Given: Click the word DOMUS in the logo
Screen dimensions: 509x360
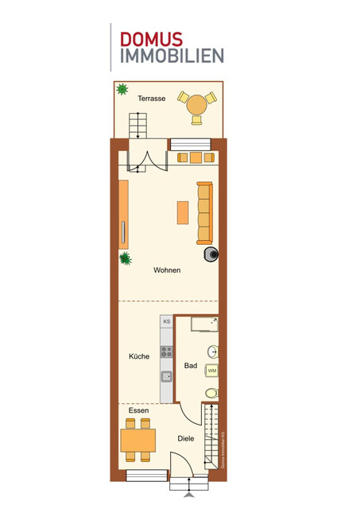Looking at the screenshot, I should (x=150, y=39).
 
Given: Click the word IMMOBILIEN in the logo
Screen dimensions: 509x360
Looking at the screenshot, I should (x=172, y=56).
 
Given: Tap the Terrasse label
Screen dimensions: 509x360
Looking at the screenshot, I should (x=151, y=99).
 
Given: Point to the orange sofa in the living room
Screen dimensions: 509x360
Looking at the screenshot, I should (x=205, y=212).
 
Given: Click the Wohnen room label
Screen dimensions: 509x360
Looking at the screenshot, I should (x=167, y=270).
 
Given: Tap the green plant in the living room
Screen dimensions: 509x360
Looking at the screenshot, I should (x=125, y=258).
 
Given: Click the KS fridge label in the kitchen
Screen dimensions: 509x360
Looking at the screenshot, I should (x=167, y=322).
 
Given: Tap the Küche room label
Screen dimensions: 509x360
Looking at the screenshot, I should (x=139, y=356).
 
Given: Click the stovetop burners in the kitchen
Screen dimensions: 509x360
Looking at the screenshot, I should (x=167, y=350).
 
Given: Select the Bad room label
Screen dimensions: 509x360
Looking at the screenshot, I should (x=191, y=366).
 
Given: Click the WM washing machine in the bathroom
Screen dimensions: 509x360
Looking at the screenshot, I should (x=212, y=371).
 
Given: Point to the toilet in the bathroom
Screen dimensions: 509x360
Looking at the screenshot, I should (x=211, y=393).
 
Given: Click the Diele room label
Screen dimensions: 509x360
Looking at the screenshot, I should (x=186, y=438).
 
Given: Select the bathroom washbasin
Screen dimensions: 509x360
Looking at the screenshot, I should (x=213, y=352).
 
